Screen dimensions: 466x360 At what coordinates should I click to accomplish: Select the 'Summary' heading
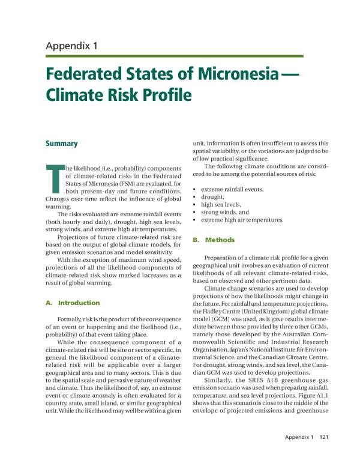(x=62, y=144)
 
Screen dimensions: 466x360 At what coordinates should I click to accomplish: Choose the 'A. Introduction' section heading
(x=73, y=303)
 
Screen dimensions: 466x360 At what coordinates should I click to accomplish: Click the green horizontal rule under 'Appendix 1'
(x=174, y=56)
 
